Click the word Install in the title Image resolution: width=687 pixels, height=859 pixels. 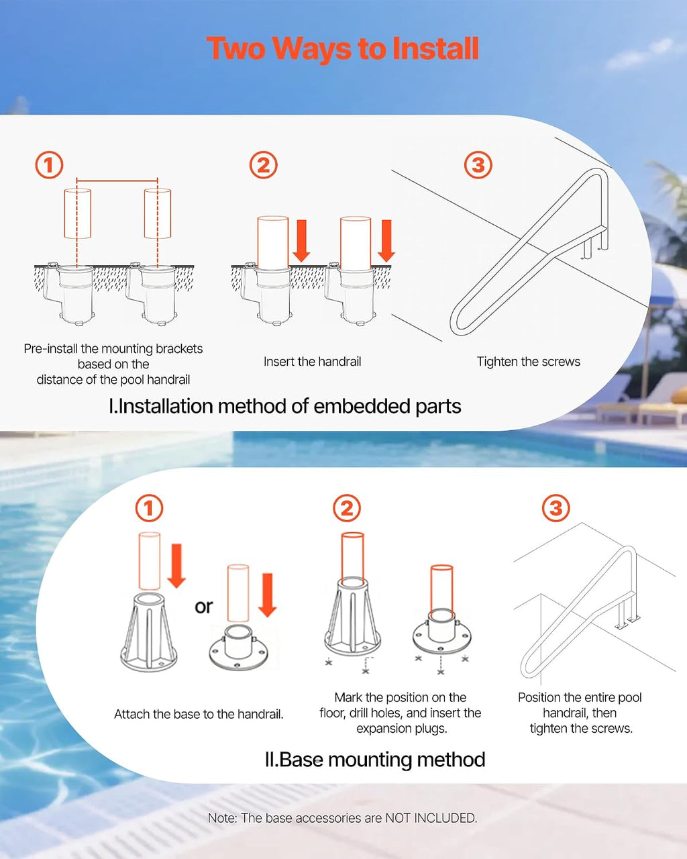[435, 48]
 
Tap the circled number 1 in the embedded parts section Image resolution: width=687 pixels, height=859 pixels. [49, 165]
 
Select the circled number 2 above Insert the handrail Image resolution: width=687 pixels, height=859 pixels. [264, 165]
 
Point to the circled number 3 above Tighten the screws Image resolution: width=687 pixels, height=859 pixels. [478, 165]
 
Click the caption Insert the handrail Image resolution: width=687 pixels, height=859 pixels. [312, 362]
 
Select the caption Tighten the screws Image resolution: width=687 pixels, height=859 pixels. [529, 362]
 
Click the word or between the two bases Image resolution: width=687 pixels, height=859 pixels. [203, 607]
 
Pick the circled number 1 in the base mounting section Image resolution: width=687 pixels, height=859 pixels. [150, 508]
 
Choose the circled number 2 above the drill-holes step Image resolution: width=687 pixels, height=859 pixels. [347, 508]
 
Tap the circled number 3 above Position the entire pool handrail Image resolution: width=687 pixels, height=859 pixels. [556, 508]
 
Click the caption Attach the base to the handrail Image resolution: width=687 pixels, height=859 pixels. [199, 714]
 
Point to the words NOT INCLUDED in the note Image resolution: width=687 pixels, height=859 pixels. [431, 818]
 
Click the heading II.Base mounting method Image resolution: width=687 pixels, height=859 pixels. [375, 759]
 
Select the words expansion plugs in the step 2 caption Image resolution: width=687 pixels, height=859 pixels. [402, 729]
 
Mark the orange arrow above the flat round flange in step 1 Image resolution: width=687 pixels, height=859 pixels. [268, 595]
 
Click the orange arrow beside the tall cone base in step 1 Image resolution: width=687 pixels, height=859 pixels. [176, 566]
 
